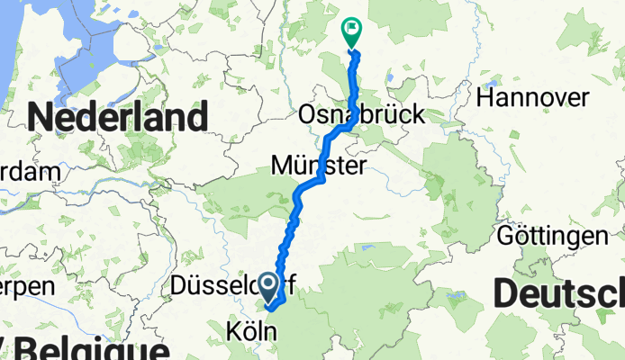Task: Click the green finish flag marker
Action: (x=350, y=31)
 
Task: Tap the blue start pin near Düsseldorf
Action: (x=269, y=286)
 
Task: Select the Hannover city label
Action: (x=534, y=97)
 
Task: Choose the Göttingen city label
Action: (x=553, y=237)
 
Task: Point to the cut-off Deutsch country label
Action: (x=559, y=293)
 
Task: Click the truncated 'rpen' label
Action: (x=27, y=287)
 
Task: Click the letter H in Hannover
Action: (x=487, y=97)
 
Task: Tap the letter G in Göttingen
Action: (x=507, y=237)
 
